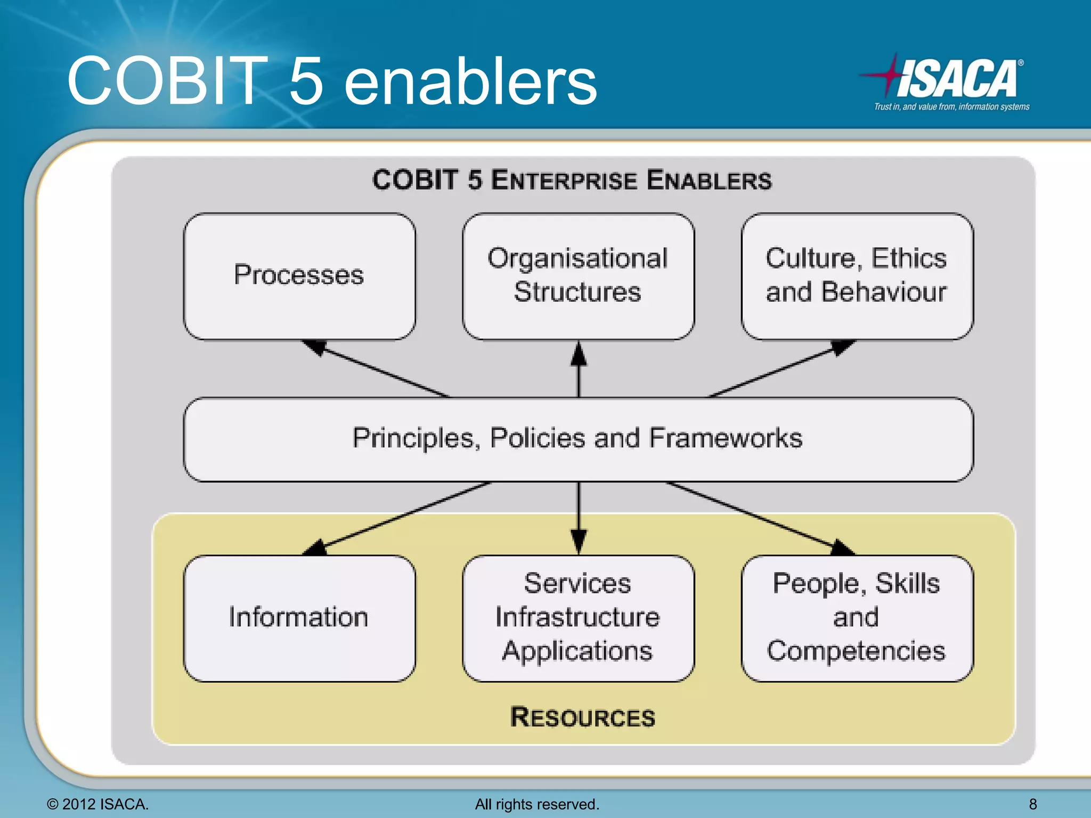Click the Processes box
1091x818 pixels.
tap(299, 276)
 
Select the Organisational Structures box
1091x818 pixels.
tap(578, 276)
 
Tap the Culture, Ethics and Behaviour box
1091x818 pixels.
tap(857, 276)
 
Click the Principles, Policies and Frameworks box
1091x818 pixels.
tap(578, 439)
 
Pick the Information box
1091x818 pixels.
tap(299, 618)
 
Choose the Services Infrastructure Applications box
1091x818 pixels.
tap(578, 618)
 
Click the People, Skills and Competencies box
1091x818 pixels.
tap(857, 618)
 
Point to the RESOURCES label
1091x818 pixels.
tap(582, 717)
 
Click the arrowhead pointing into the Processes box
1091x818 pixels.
tap(314, 347)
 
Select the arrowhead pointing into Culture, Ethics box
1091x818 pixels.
tap(843, 347)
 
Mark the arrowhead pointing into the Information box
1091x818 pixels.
tap(315, 548)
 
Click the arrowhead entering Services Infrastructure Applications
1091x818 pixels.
tap(579, 541)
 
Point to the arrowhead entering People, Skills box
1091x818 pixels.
tap(843, 548)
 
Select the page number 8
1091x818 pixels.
tap(1033, 804)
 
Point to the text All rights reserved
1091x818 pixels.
tap(537, 804)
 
